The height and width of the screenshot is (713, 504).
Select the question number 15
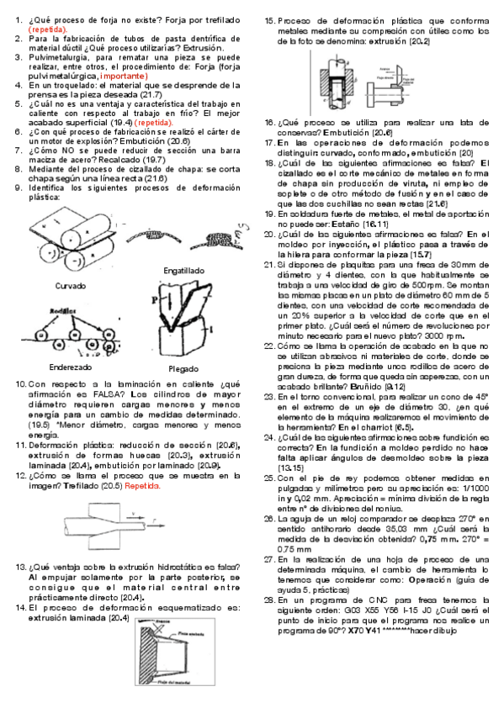(x=269, y=19)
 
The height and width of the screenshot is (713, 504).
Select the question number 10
(x=22, y=384)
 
